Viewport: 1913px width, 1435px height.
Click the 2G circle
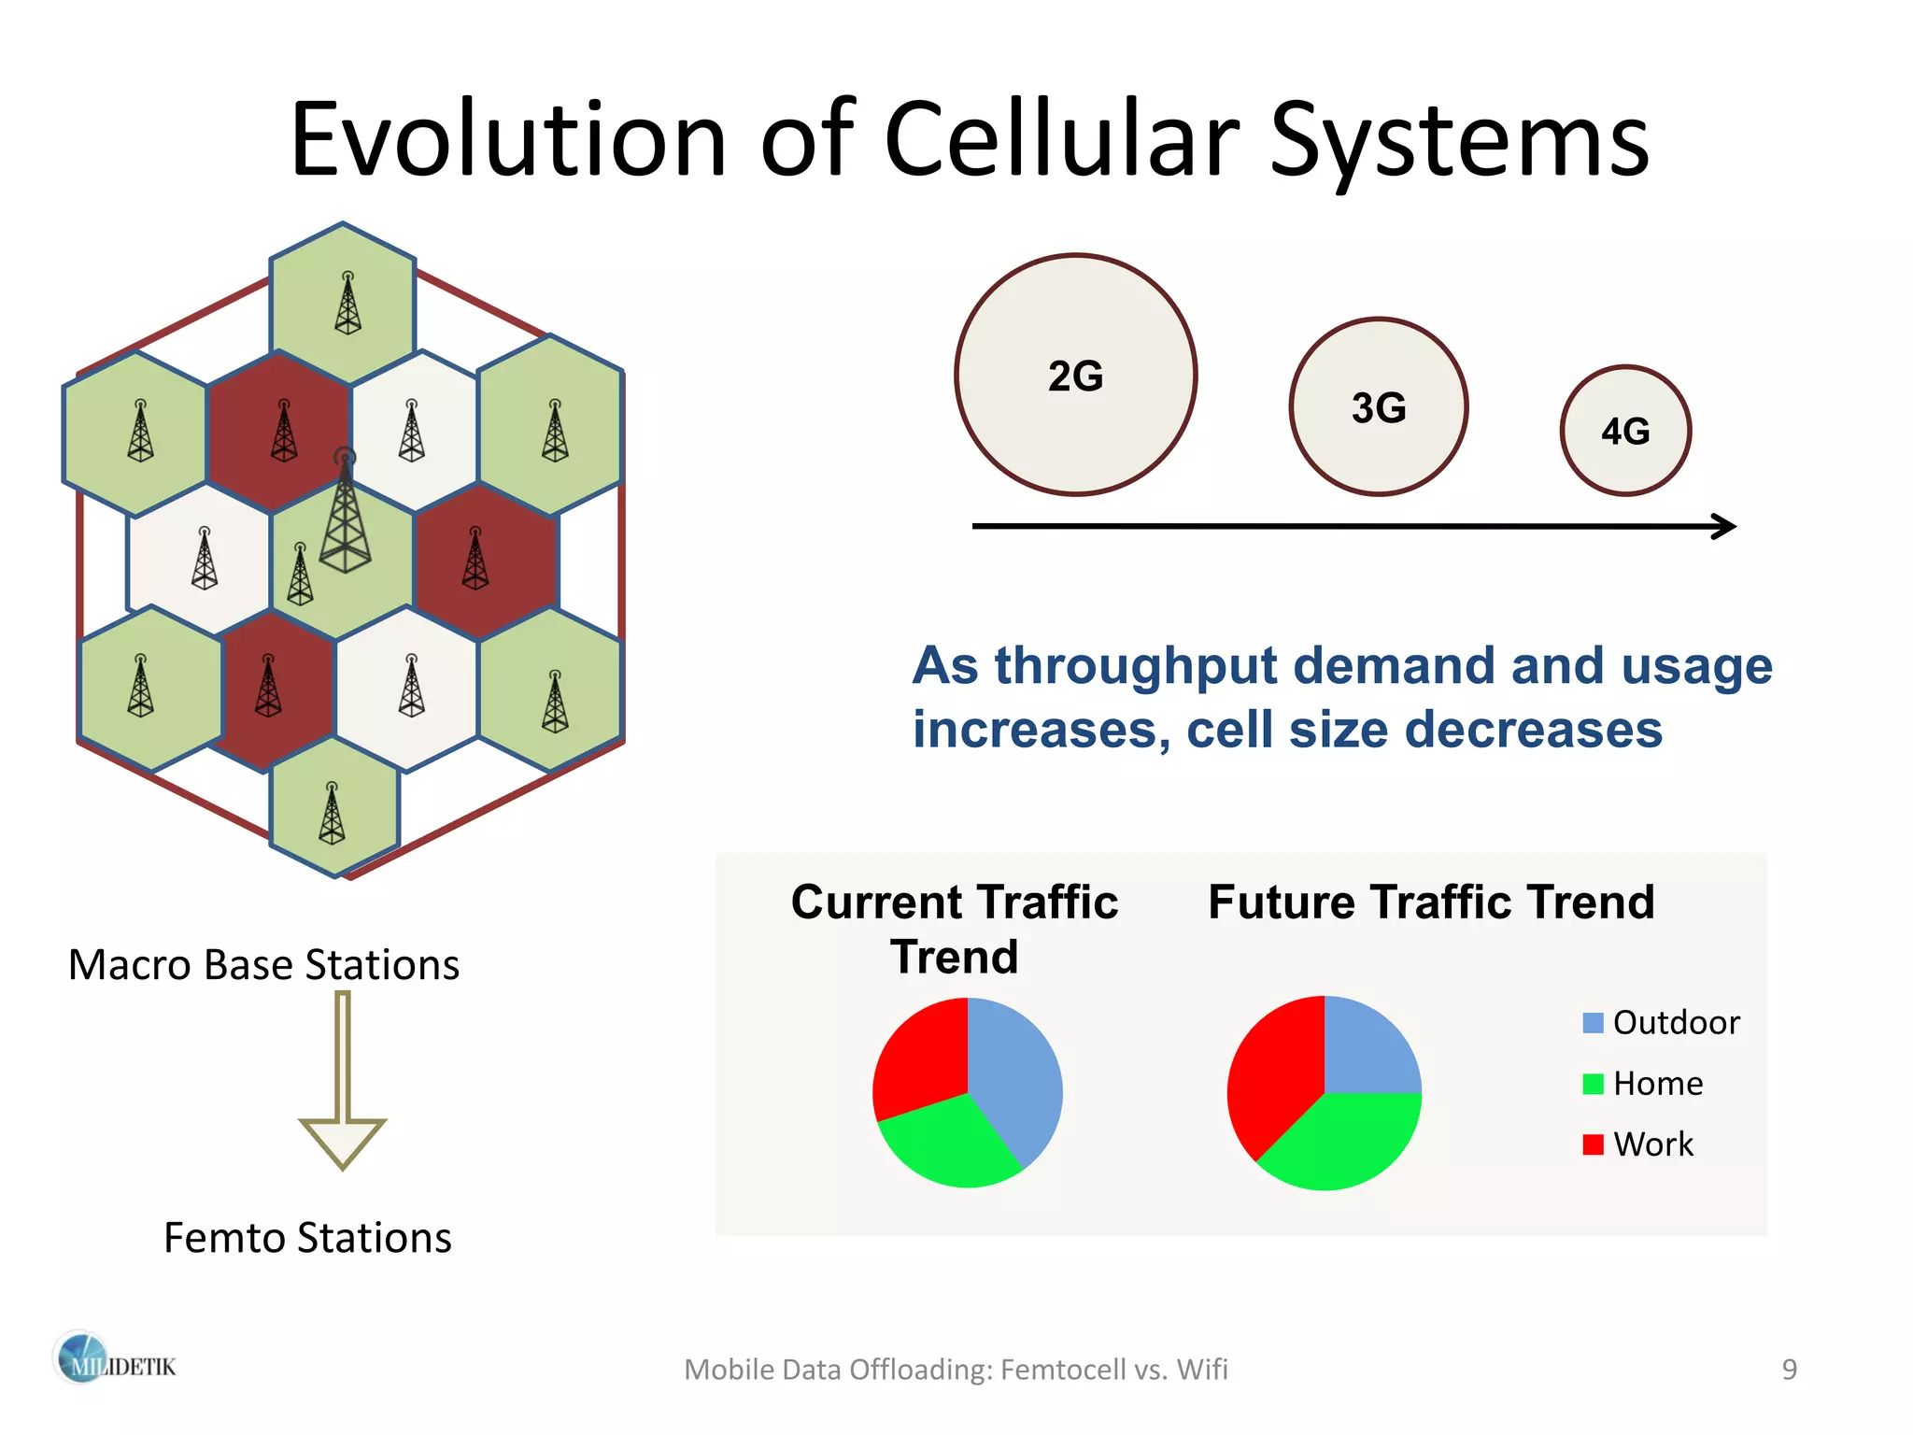pyautogui.click(x=1075, y=375)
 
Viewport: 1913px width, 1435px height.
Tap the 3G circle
pyautogui.click(x=1378, y=407)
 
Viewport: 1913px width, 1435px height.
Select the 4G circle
pyautogui.click(x=1625, y=431)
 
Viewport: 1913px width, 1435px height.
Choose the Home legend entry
pyautogui.click(x=1643, y=1084)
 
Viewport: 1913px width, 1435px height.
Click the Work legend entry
pyautogui.click(x=1638, y=1144)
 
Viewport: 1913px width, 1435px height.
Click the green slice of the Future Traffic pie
pyautogui.click(x=1345, y=1144)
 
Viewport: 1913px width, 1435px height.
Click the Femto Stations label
pyautogui.click(x=307, y=1238)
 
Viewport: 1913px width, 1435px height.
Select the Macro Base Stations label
pyautogui.click(x=263, y=965)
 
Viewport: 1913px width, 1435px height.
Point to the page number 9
pyautogui.click(x=1789, y=1370)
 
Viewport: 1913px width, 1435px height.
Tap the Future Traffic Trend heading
pyautogui.click(x=1430, y=902)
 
